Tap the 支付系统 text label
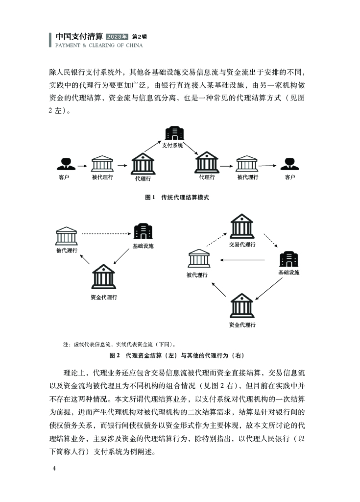tap(172, 146)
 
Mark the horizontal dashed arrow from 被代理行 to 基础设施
tap(105, 234)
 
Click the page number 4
tap(54, 469)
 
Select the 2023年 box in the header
tap(117, 37)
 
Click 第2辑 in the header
tap(140, 37)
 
